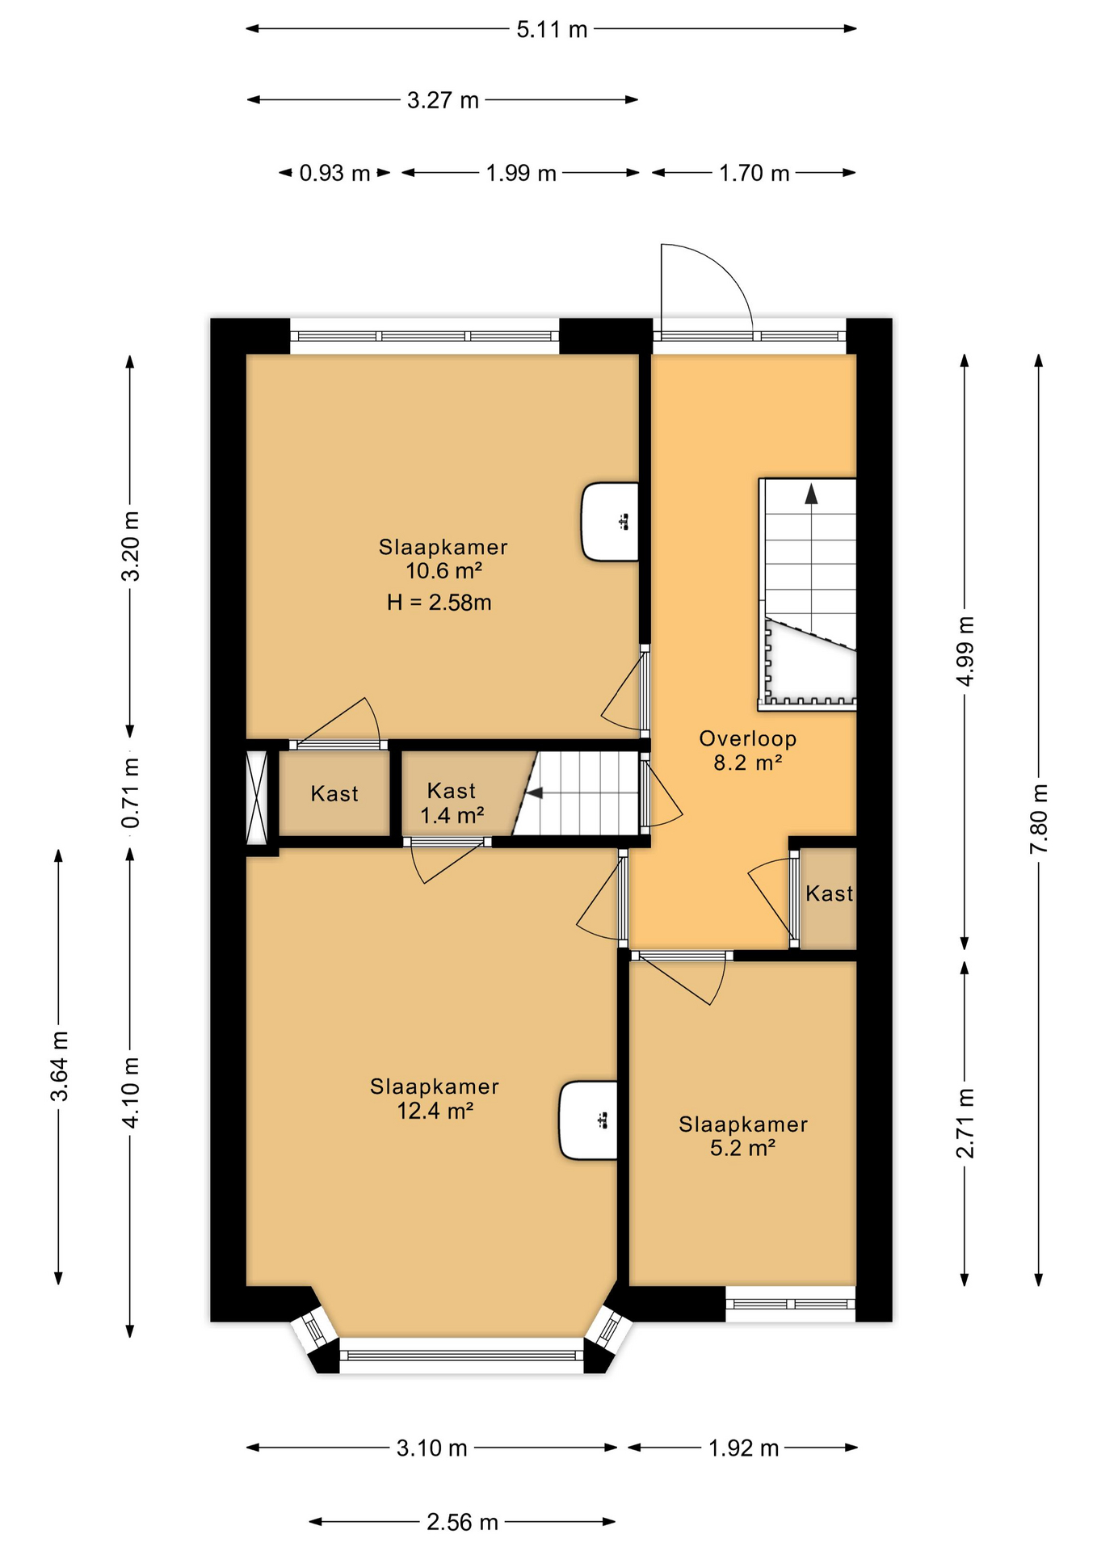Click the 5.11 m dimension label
click(x=552, y=30)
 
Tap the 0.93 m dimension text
click(x=334, y=173)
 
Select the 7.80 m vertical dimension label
click(x=1039, y=818)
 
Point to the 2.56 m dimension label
click(x=462, y=1523)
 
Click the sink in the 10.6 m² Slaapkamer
click(x=612, y=522)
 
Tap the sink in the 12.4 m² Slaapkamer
click(x=590, y=1120)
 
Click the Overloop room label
click(x=747, y=738)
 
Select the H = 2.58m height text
click(x=439, y=603)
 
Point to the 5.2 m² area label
click(x=742, y=1148)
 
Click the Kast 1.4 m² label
click(x=452, y=803)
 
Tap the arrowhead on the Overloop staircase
click(x=811, y=494)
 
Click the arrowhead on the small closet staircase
click(x=534, y=794)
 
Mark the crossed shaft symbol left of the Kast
click(x=257, y=797)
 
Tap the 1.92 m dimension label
click(x=743, y=1448)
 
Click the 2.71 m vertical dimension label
click(x=965, y=1123)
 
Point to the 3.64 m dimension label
click(x=59, y=1066)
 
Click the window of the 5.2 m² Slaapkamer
click(x=790, y=1304)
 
